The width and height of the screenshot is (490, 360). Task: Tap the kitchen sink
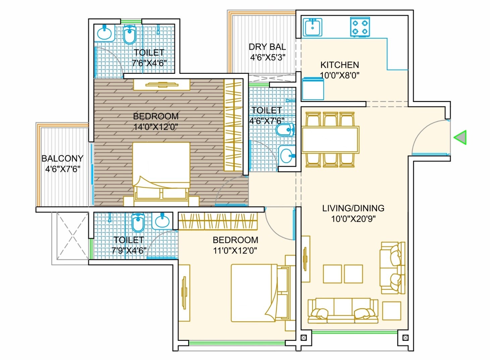[x=313, y=27]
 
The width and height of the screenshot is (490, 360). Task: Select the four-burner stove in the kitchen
[x=360, y=27]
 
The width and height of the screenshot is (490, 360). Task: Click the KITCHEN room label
[x=339, y=65]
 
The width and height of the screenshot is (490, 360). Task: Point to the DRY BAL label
[x=267, y=47]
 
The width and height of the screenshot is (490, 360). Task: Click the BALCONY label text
[x=62, y=158]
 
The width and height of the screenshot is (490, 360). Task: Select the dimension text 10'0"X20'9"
[x=353, y=219]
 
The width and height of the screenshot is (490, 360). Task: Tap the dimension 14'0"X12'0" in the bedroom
[x=156, y=127]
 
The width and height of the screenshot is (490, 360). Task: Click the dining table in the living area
[x=330, y=140]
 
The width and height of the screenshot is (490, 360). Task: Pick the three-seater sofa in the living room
[x=343, y=311]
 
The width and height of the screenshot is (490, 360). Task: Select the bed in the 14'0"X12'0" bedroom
[x=161, y=171]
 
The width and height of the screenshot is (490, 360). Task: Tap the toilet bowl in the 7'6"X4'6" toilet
[x=129, y=35]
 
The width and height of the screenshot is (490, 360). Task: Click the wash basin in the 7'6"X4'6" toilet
[x=104, y=33]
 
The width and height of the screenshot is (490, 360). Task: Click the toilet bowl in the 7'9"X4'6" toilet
[x=138, y=223]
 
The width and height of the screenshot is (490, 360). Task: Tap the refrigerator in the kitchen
[x=313, y=89]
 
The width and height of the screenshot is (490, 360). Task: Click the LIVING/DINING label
[x=353, y=208]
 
